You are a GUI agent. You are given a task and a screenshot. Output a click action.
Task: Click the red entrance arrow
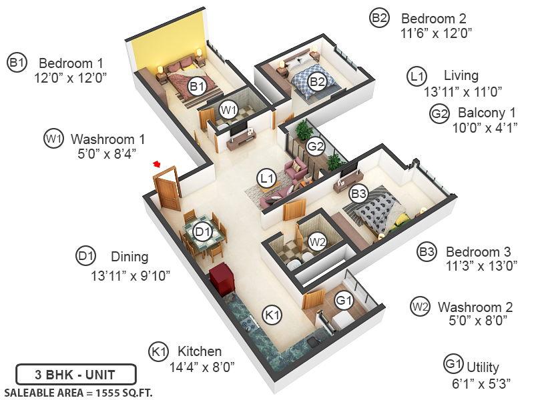pyautogui.click(x=158, y=164)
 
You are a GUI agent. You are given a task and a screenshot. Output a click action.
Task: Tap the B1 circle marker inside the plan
pyautogui.click(x=196, y=86)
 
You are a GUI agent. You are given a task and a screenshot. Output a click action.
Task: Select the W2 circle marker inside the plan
pyautogui.click(x=318, y=241)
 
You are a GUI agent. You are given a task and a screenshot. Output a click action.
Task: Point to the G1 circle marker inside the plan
pyautogui.click(x=344, y=301)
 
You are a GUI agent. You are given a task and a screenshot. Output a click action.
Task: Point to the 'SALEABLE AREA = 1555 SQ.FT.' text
pyautogui.click(x=78, y=392)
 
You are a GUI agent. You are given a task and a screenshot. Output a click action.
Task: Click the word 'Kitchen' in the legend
pyautogui.click(x=200, y=351)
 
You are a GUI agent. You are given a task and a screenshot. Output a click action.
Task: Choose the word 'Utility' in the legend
pyautogui.click(x=483, y=367)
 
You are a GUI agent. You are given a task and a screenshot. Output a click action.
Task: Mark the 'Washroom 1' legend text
pyautogui.click(x=107, y=139)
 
